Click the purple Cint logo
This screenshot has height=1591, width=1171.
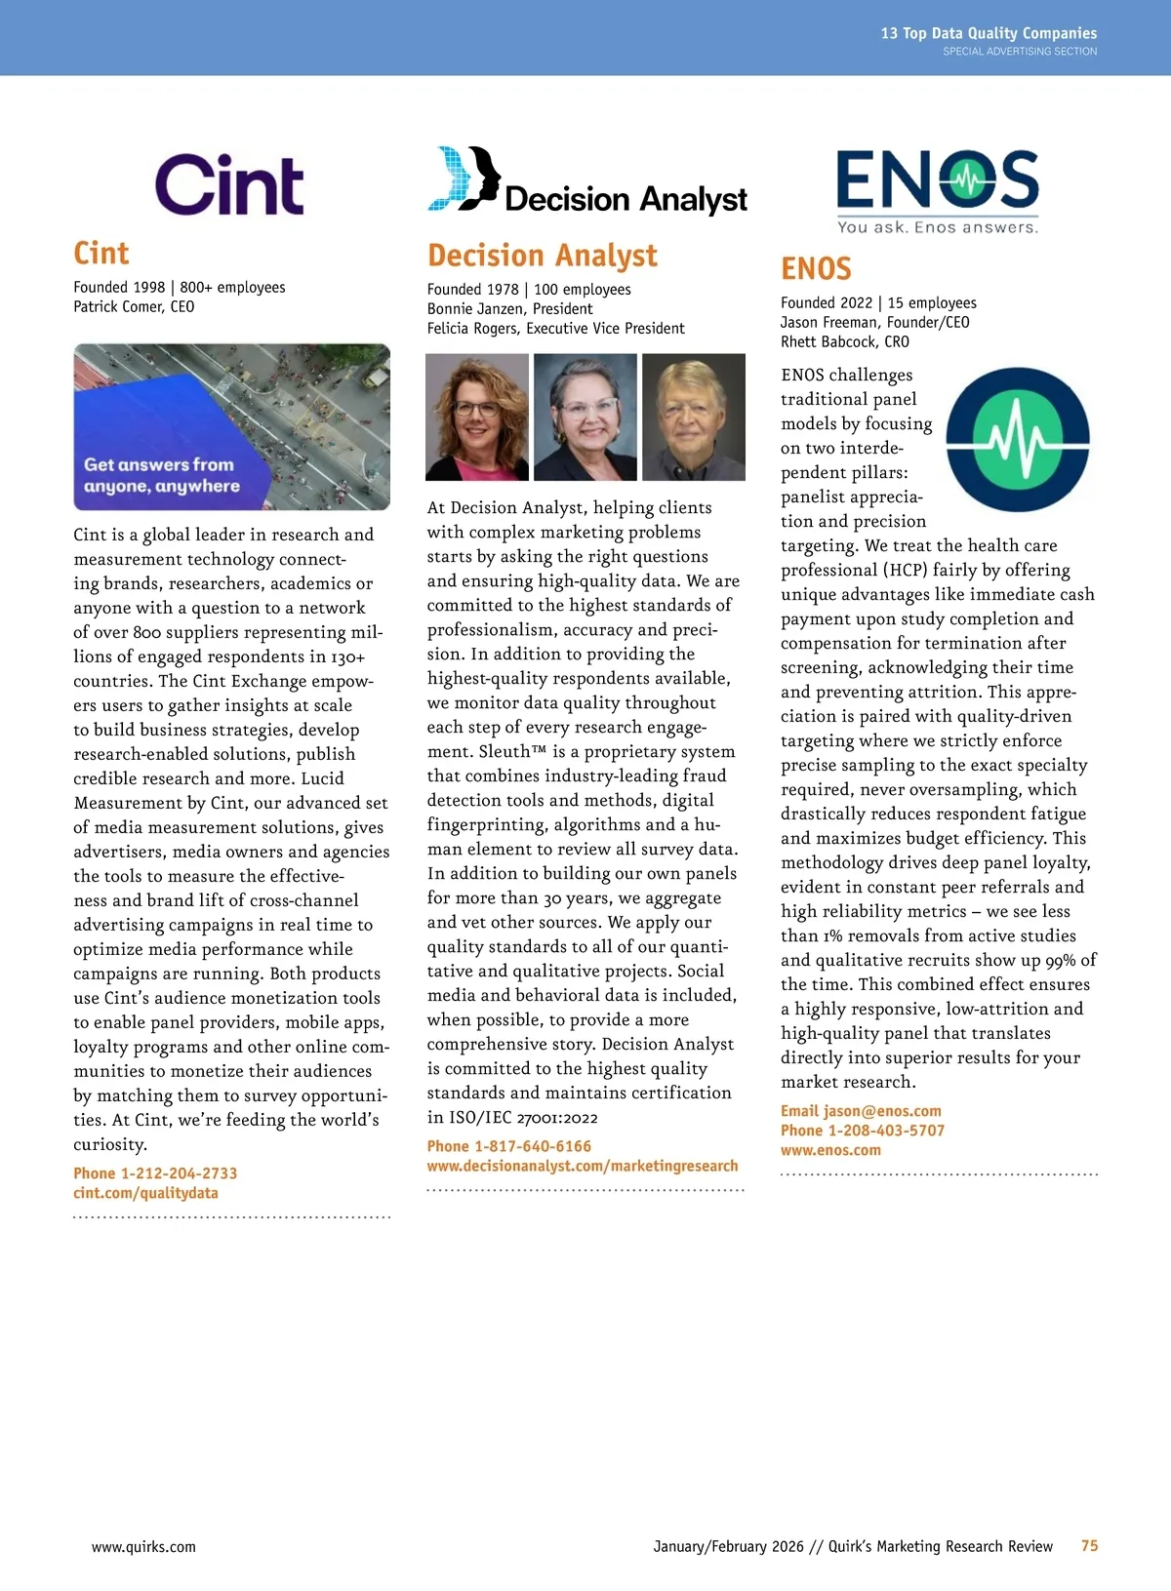229,184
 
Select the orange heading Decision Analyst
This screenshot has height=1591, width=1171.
543,256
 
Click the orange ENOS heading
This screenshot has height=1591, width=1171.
816,269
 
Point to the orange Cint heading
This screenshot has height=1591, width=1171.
101,254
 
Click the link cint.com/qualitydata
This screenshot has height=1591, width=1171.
145,1193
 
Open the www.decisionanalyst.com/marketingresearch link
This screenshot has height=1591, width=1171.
582,1166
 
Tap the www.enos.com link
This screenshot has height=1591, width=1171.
830,1150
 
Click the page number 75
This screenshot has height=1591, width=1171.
1089,1546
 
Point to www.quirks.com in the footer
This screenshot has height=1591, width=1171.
143,1547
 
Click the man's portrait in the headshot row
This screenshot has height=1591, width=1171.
693,417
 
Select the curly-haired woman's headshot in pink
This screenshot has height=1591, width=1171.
477,417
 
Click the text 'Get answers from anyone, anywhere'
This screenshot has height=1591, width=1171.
162,475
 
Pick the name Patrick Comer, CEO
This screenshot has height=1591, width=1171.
134,307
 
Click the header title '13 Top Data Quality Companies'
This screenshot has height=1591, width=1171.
989,33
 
